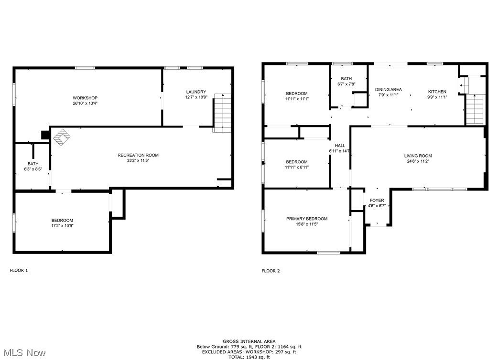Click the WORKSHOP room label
pyautogui.click(x=85, y=98)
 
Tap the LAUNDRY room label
pyautogui.click(x=196, y=92)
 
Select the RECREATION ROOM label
pyautogui.click(x=138, y=155)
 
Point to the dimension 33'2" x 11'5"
pyautogui.click(x=138, y=161)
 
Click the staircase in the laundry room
pyautogui.click(x=222, y=113)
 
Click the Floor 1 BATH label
pyautogui.click(x=33, y=164)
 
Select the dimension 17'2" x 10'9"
pyautogui.click(x=62, y=226)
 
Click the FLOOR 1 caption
pyautogui.click(x=19, y=270)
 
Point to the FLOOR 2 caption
pyautogui.click(x=271, y=271)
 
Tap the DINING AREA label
pyautogui.click(x=388, y=89)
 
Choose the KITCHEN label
pyautogui.click(x=437, y=92)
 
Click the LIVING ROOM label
pyautogui.click(x=418, y=156)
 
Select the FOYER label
pyautogui.click(x=377, y=201)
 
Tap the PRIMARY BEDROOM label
pyautogui.click(x=307, y=219)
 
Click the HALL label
pyautogui.click(x=340, y=146)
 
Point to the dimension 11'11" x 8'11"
pyautogui.click(x=297, y=168)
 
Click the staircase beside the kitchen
pyautogui.click(x=475, y=109)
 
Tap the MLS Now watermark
pyautogui.click(x=23, y=353)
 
